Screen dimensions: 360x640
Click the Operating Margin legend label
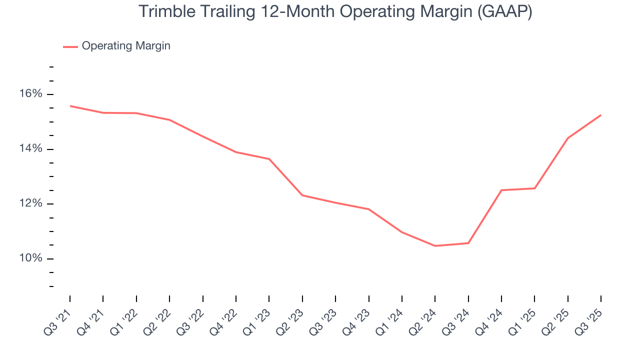coord(126,46)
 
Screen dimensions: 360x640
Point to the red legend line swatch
coord(70,46)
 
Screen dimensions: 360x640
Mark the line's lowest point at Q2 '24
coord(435,246)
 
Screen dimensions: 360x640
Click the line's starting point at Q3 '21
coord(70,106)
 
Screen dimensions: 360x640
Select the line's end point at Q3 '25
coord(600,115)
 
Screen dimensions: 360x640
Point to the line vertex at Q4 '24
coord(501,190)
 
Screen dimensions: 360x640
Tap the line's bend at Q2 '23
coord(302,195)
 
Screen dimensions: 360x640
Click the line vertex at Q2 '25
coord(567,138)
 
